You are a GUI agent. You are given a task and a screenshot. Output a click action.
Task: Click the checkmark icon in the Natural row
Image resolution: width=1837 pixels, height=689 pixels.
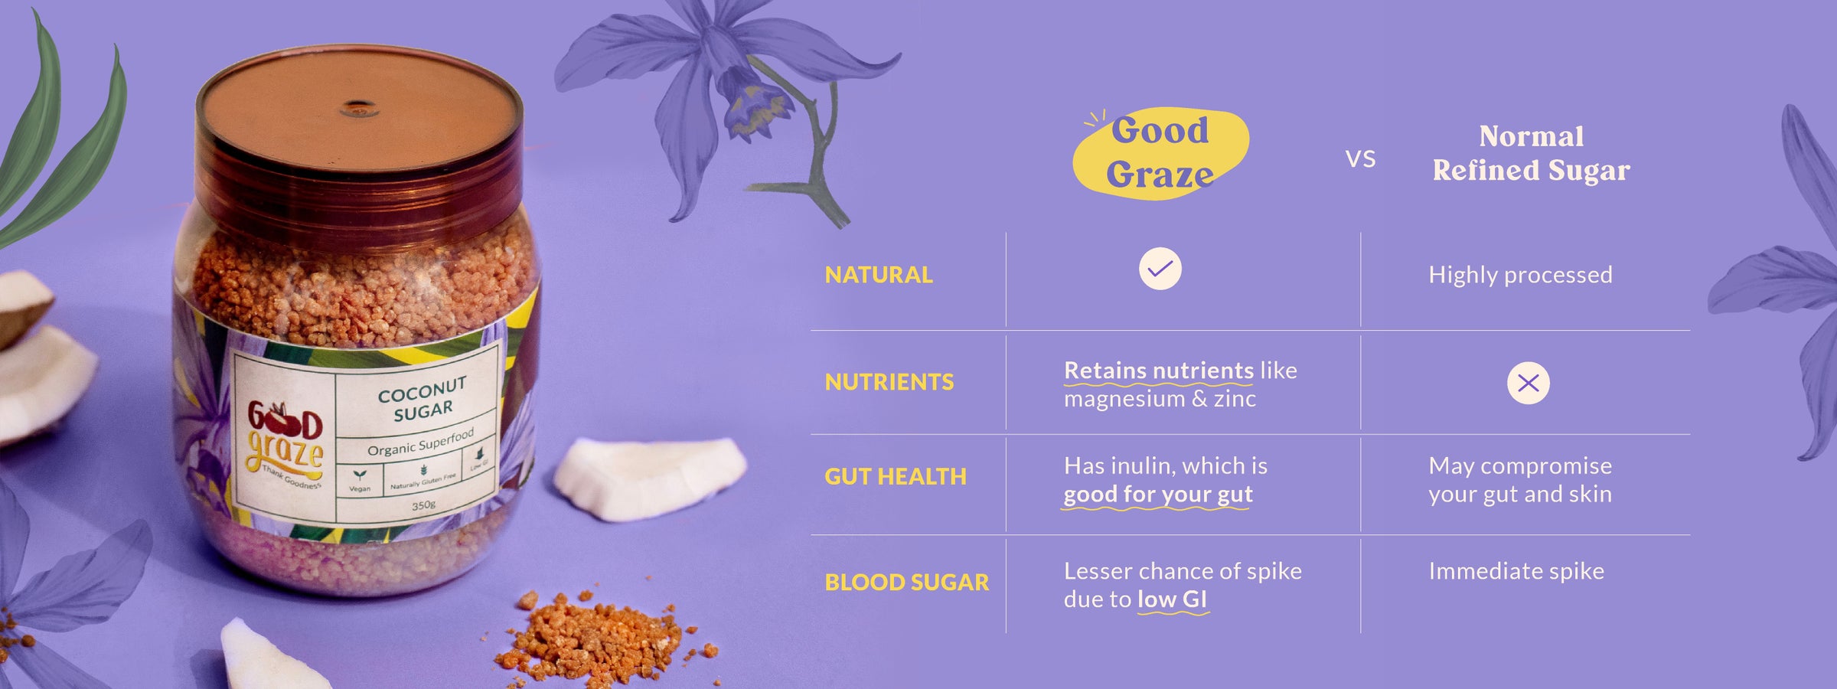click(1160, 269)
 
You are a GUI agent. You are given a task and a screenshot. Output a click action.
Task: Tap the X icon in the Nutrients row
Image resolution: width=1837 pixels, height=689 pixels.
click(1528, 383)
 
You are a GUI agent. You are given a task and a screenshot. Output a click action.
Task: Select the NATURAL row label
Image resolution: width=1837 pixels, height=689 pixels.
click(878, 275)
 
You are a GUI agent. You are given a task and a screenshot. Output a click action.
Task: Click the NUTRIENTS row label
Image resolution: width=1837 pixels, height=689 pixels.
click(889, 382)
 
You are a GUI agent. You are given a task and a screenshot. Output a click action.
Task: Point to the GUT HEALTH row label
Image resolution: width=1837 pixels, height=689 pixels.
click(895, 477)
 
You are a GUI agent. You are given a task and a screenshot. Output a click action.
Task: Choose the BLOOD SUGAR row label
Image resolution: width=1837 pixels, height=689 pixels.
click(906, 583)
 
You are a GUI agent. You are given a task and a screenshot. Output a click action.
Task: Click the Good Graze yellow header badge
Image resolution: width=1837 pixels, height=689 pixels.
click(1160, 153)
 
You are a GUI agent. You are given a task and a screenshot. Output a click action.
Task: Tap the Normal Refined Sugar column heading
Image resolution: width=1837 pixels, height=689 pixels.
click(1531, 153)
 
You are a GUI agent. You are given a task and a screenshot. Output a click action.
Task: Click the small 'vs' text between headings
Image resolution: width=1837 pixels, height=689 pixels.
click(1360, 159)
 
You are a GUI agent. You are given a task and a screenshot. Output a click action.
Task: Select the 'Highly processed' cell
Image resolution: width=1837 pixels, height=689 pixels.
click(1520, 275)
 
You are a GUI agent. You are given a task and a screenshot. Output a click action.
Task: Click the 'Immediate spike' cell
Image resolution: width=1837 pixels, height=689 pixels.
click(1516, 571)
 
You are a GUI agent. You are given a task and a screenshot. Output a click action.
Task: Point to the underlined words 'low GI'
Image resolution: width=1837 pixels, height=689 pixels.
click(1172, 599)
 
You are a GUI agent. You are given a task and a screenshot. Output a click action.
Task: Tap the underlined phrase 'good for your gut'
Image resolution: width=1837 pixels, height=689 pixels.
click(1157, 495)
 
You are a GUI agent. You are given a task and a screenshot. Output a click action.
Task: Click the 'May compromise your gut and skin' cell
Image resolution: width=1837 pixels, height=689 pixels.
click(1519, 480)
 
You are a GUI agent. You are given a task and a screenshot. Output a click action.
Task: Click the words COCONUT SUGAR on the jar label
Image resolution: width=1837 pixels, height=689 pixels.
click(423, 400)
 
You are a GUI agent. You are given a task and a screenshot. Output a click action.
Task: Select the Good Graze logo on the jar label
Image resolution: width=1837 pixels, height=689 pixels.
click(285, 444)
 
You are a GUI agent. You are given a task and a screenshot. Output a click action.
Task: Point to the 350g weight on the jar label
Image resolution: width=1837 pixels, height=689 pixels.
click(423, 505)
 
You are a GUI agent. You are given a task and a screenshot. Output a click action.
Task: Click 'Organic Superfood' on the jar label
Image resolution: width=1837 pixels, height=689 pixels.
click(420, 443)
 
